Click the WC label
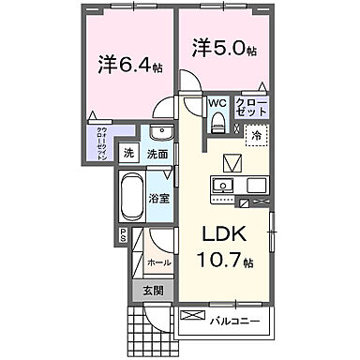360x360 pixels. pos(217,103)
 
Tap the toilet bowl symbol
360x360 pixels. pos(217,122)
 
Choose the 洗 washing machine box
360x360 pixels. pos(130,155)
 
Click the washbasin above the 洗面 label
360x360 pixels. pos(158,131)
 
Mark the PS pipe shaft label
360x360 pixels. pos(122,238)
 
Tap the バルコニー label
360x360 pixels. pos(234,321)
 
